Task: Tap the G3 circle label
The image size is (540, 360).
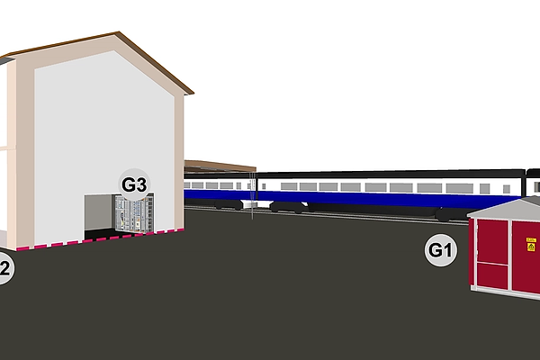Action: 134,184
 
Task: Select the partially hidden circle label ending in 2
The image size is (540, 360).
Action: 4,268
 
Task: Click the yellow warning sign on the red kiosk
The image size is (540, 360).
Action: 531,245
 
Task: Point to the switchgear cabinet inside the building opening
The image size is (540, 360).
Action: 130,215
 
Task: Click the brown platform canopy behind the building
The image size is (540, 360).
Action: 219,166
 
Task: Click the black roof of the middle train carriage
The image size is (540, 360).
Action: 387,173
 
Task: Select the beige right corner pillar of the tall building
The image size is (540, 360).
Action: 178,162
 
